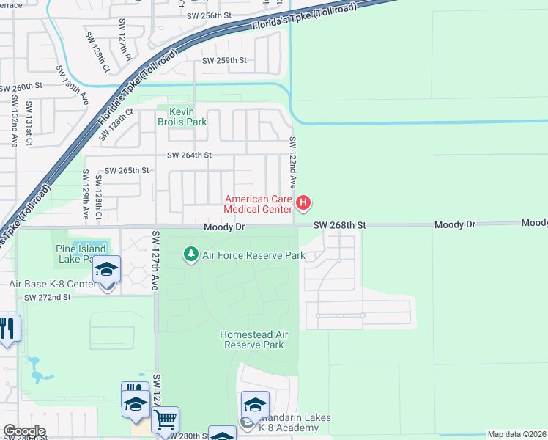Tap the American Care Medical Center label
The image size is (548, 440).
pos(259,205)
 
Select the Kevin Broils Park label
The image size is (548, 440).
pos(182,117)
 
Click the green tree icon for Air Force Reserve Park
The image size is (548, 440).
pos(191,255)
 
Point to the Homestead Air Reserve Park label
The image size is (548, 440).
pos(253,340)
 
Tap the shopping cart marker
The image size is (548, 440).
pos(166,420)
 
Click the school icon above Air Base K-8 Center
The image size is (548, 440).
pos(107,269)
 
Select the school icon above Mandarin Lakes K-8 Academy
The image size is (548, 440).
pos(255,405)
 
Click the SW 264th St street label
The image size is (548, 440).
pos(189,155)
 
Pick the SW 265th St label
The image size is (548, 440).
pos(127,170)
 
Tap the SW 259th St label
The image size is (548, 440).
pos(227,60)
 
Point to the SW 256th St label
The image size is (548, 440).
pos(209,15)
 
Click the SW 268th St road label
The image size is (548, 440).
pos(339,225)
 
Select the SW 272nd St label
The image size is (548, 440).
pos(47,297)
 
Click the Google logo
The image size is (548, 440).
pos(24,430)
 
